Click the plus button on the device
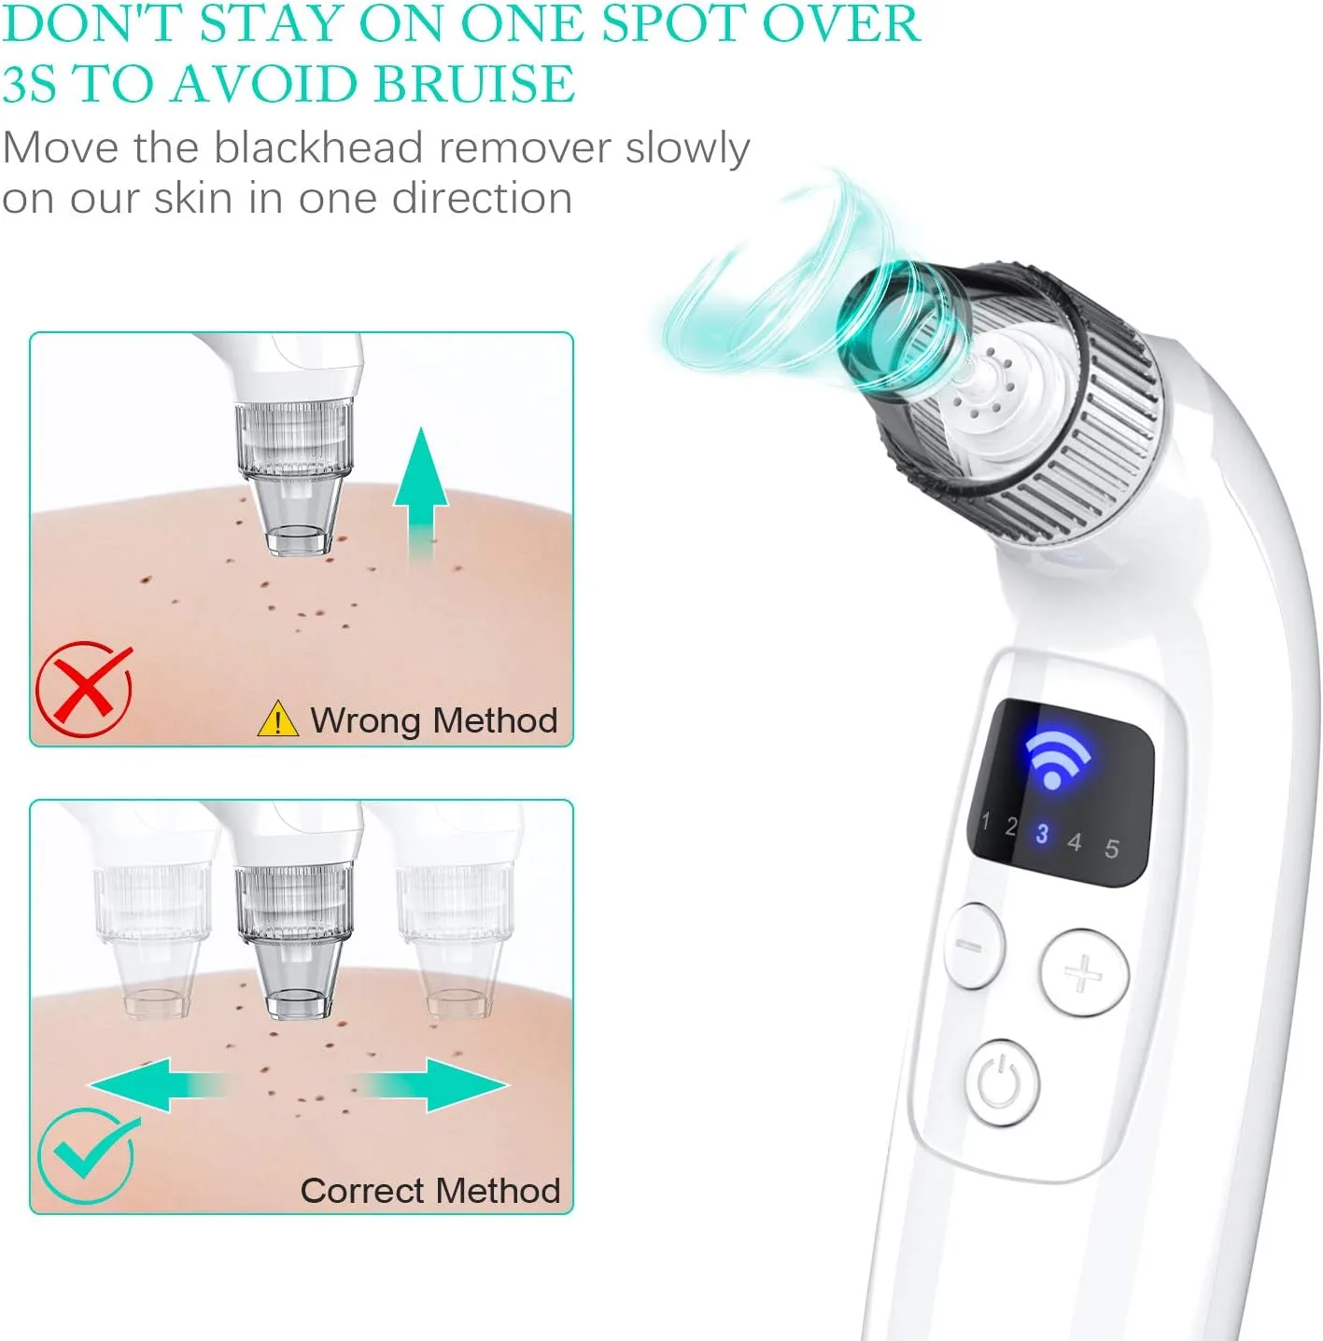pos(1084,972)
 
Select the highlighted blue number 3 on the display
pos(1042,833)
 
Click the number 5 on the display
pos(1111,849)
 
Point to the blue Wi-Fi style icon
pos(1056,759)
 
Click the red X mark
pos(84,690)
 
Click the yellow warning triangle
pos(277,720)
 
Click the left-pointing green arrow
pos(154,1084)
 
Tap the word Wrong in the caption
pos(365,720)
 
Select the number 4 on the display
pos(1075,843)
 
